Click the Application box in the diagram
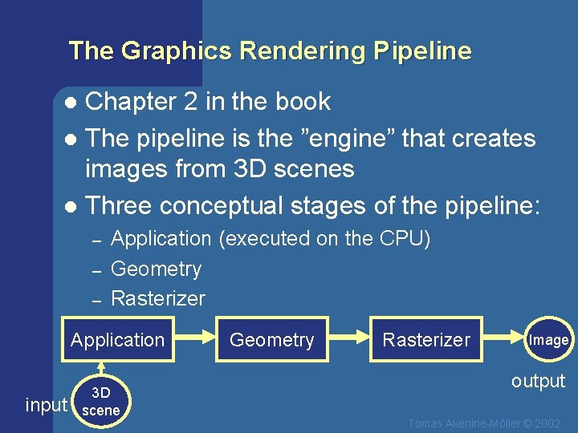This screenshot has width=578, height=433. [x=117, y=340]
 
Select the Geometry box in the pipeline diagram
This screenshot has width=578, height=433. [x=271, y=340]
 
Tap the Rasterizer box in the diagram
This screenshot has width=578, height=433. [x=425, y=340]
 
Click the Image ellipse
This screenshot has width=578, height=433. [x=549, y=340]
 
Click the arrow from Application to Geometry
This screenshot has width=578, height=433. [x=194, y=339]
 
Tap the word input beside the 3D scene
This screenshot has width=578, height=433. [x=46, y=405]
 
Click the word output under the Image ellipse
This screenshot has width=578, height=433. [x=538, y=381]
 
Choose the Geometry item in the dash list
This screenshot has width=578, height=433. [x=156, y=269]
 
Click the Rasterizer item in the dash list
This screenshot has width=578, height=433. [x=158, y=299]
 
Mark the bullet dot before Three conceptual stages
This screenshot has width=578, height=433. [x=71, y=206]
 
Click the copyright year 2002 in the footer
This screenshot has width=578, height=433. [x=547, y=423]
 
